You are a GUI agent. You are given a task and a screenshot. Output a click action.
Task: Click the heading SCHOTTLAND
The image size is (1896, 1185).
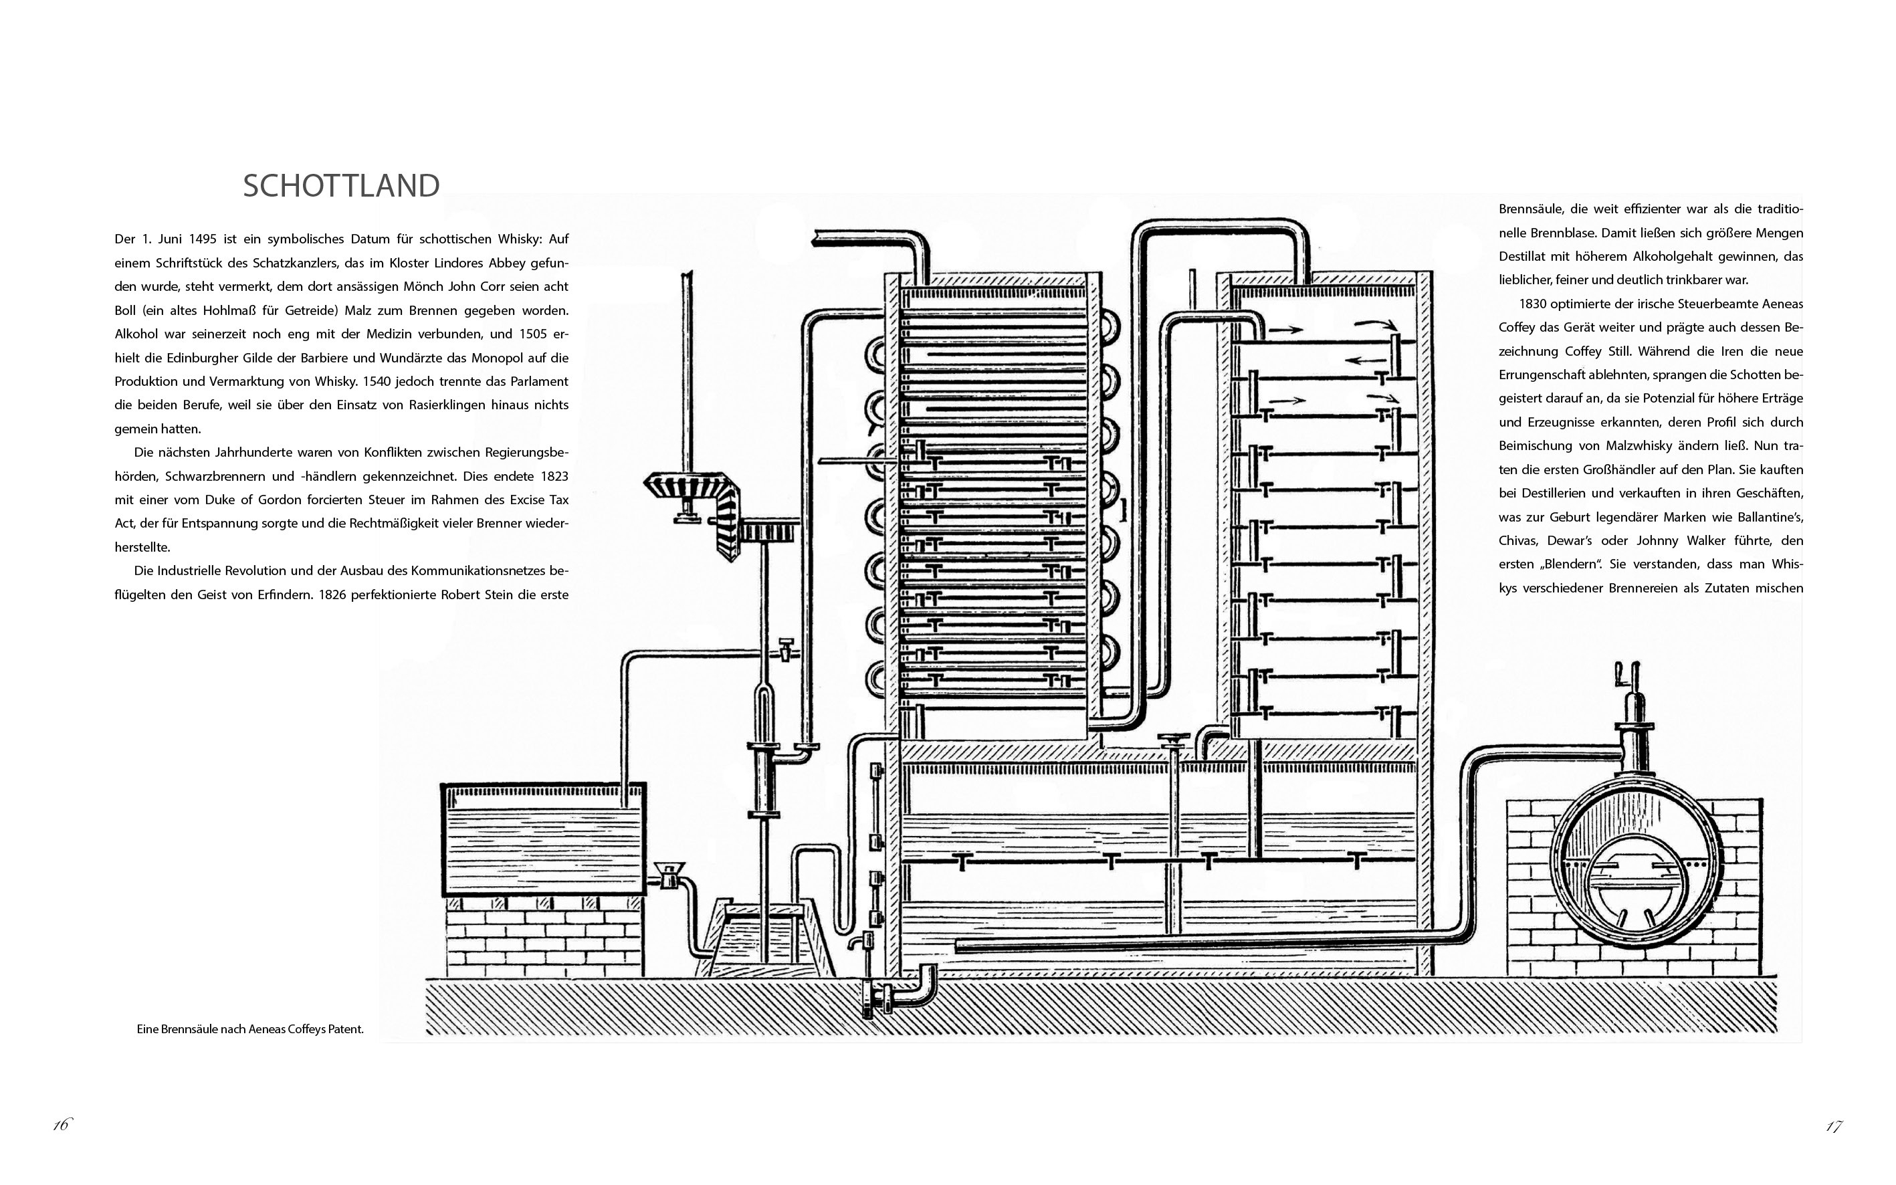(x=341, y=187)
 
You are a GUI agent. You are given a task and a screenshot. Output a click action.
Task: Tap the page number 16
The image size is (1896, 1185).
(x=61, y=1125)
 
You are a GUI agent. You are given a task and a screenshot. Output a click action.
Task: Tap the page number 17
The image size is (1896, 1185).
(x=1833, y=1126)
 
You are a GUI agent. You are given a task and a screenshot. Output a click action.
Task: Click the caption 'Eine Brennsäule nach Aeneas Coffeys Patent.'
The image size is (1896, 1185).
(x=250, y=1029)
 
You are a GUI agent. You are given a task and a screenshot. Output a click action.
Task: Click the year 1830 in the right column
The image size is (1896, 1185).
(x=1534, y=304)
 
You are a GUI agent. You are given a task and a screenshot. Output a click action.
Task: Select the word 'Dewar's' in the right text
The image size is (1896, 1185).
(x=1587, y=541)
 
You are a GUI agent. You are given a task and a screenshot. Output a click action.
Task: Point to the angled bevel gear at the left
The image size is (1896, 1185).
(x=690, y=502)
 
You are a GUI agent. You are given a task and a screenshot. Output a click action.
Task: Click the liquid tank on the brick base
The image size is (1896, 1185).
(x=544, y=839)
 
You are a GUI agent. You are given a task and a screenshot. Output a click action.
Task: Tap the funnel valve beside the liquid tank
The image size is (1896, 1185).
(x=668, y=874)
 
